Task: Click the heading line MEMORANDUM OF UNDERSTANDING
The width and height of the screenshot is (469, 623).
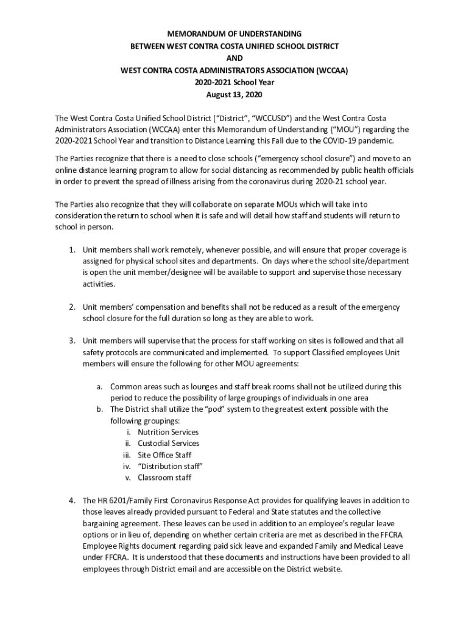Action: click(x=234, y=34)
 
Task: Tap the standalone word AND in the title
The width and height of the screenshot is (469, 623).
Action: click(x=234, y=58)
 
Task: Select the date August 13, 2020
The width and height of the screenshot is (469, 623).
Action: click(x=234, y=95)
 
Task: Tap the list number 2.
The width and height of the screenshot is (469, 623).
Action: click(x=71, y=307)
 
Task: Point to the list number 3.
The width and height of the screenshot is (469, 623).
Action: click(x=71, y=341)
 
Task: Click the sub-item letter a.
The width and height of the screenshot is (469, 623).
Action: click(x=99, y=386)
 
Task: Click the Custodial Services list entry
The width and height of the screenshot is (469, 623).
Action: click(x=168, y=444)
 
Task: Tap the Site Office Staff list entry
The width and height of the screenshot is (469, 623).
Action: click(x=164, y=455)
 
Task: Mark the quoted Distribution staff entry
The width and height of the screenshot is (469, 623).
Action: click(x=170, y=467)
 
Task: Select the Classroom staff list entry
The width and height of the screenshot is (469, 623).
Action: click(x=164, y=478)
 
